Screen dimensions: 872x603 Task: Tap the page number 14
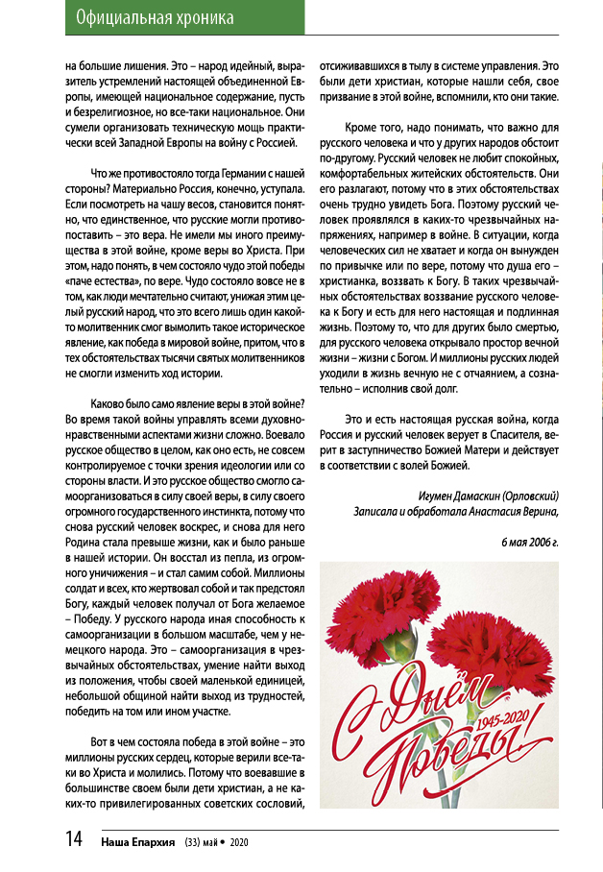(74, 839)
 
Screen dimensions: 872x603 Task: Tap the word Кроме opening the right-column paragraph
(363, 128)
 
